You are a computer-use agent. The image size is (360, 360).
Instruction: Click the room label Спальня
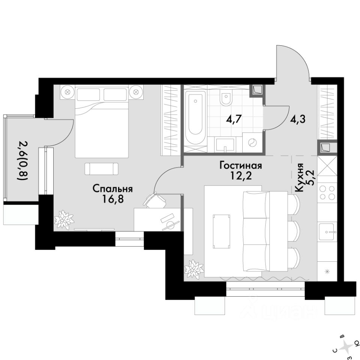113,189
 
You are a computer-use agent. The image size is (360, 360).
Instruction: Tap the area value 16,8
113,199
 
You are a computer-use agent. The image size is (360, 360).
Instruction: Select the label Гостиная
241,165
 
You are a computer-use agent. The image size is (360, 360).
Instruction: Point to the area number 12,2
241,175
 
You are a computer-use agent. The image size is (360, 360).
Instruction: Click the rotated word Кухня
299,177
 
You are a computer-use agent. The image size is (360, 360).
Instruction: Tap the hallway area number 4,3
298,119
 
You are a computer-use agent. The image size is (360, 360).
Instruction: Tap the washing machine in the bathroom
253,142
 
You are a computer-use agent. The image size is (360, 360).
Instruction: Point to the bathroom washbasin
225,145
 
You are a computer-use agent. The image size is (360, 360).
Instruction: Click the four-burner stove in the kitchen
327,193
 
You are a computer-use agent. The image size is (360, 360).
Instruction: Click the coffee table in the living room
221,232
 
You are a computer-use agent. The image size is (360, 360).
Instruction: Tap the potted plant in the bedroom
64,220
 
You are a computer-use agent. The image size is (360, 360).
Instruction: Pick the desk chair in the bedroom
155,200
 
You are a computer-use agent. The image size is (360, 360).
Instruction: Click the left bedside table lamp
67,92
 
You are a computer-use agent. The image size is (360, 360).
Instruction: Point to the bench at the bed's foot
102,169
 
